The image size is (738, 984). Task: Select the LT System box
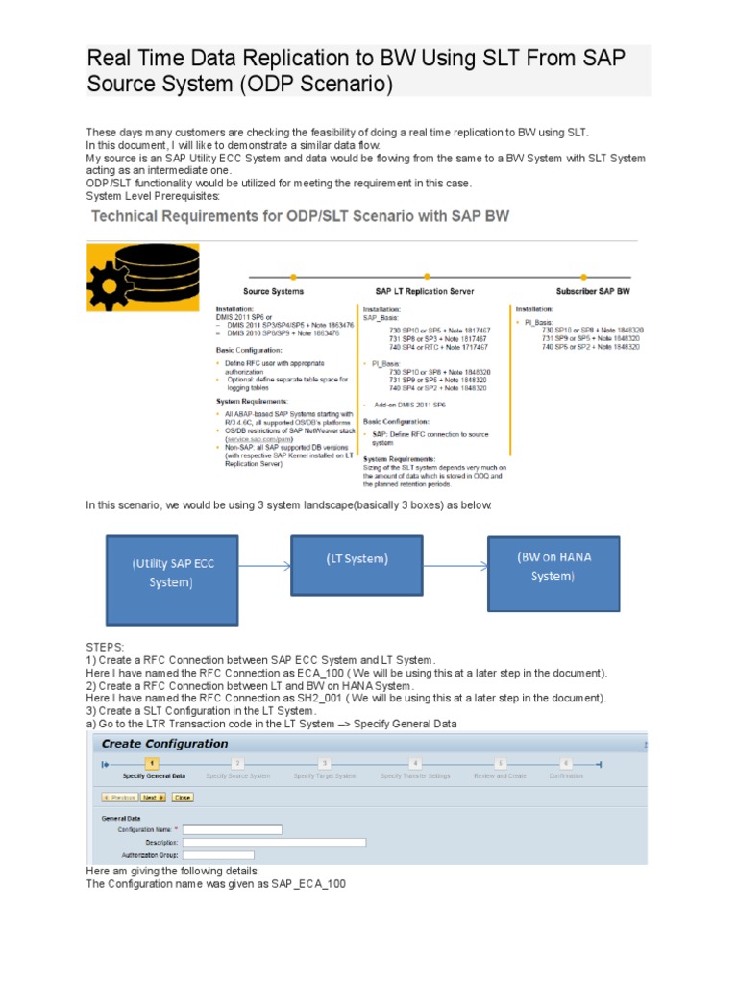(x=357, y=569)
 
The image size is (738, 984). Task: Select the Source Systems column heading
(x=274, y=290)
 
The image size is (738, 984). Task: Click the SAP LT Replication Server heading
(x=424, y=290)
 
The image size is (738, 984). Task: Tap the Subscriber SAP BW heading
(x=593, y=290)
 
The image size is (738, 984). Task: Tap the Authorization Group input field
(x=218, y=854)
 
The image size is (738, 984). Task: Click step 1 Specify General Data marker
(x=150, y=763)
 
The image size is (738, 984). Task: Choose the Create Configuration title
(x=165, y=743)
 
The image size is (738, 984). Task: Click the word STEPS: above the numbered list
(x=106, y=649)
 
